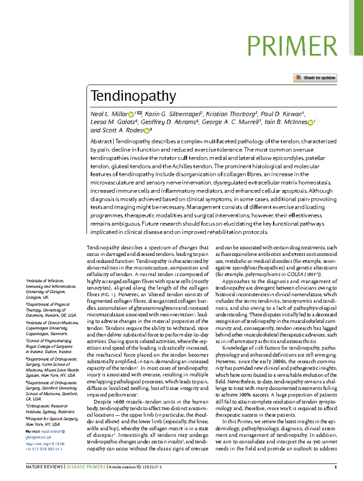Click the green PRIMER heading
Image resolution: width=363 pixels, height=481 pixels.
292,46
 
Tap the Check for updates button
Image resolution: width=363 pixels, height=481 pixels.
315,78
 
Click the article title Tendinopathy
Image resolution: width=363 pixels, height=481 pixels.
133,96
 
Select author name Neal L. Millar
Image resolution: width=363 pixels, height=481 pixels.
109,114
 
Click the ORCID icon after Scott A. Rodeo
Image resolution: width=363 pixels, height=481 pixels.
147,131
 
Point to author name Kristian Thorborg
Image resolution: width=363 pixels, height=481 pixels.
230,114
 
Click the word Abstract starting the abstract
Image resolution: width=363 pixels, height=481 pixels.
101,141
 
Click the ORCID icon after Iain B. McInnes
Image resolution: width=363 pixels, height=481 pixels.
310,123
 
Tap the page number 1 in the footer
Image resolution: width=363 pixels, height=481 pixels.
336,467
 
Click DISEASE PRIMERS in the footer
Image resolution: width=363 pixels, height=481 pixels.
86,467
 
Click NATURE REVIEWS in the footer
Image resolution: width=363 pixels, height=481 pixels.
44,467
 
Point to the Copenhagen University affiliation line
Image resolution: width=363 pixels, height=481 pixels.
47,328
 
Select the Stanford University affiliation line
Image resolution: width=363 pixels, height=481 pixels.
51,388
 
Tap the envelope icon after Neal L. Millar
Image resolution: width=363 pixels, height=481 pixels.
139,114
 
